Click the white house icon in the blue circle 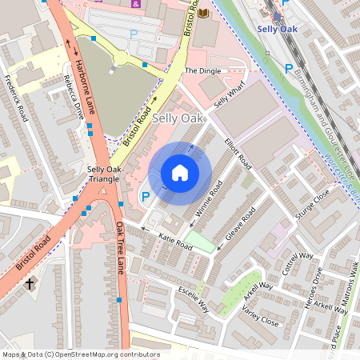(x=180, y=173)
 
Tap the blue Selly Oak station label (x=277, y=30)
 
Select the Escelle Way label (x=192, y=298)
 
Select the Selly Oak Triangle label (x=104, y=174)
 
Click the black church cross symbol (x=30, y=283)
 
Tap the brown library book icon (x=203, y=13)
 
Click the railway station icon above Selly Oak (x=277, y=15)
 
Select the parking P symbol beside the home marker (x=145, y=196)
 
